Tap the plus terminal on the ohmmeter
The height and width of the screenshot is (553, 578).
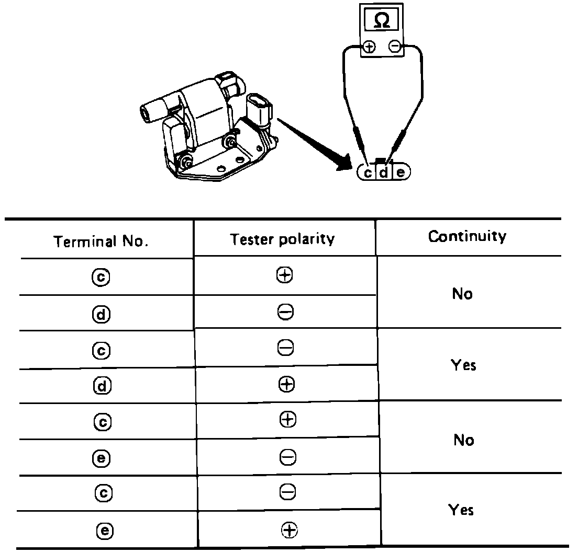click(x=370, y=47)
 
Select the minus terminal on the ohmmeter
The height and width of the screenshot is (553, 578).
click(x=396, y=47)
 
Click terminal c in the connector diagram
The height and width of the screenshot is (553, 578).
click(x=368, y=172)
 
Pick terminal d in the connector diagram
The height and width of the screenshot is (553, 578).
click(x=384, y=172)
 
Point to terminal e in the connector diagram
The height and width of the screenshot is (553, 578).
click(x=401, y=172)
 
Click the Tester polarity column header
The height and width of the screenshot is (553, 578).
click(x=282, y=239)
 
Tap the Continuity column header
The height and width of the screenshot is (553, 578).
click(x=467, y=236)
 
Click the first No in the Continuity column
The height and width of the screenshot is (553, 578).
click(x=462, y=294)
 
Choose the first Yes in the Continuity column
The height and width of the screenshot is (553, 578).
click(x=463, y=365)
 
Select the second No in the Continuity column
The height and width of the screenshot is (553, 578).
click(x=463, y=440)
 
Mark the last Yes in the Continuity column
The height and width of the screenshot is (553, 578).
click(x=461, y=510)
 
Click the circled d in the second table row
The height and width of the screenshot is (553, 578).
click(x=103, y=314)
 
